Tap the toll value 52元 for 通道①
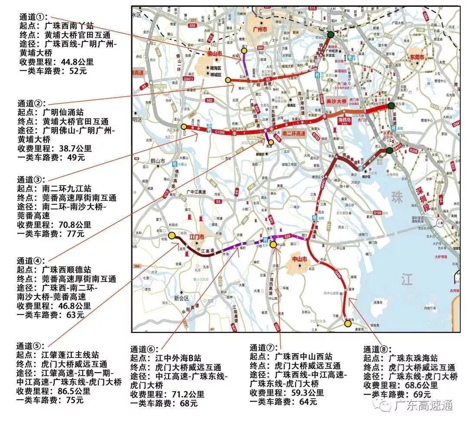78,71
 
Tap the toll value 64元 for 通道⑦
308,401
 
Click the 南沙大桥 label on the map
337,100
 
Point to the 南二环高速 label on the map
295,134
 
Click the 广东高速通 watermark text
423,405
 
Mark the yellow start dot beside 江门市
172,236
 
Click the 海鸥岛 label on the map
344,118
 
